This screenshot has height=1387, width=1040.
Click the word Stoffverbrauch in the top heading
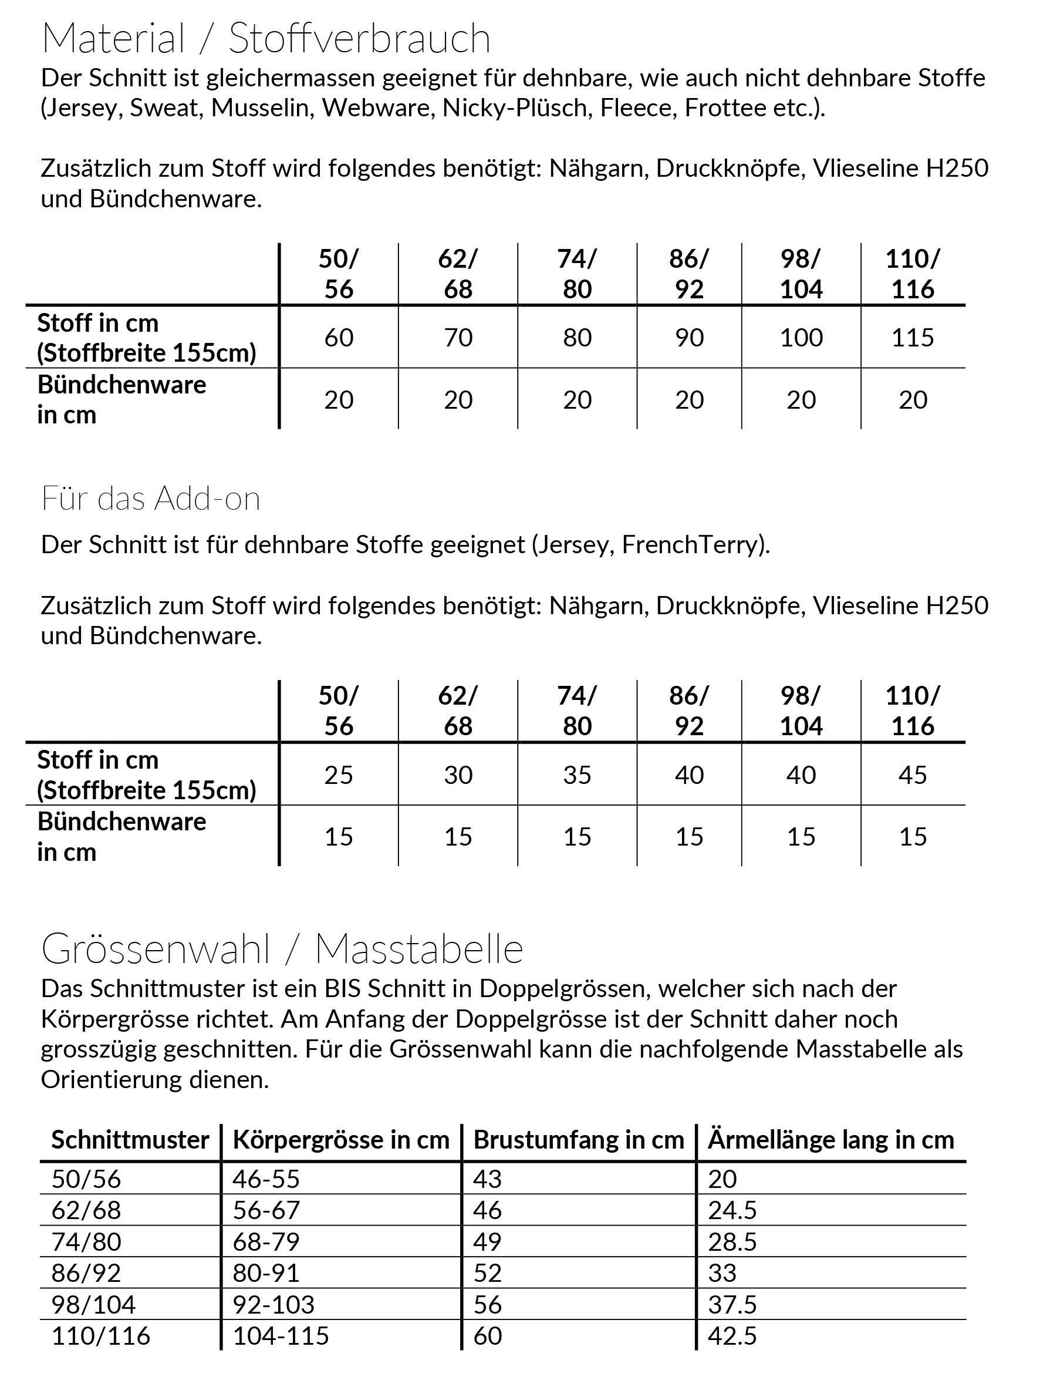tap(359, 38)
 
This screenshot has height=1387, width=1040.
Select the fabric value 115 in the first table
tap(912, 337)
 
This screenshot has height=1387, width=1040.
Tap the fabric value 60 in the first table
tap(339, 337)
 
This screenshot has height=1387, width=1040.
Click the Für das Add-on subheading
tap(150, 499)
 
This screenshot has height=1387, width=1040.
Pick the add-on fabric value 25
tap(339, 775)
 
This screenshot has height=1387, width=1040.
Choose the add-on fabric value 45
tap(912, 775)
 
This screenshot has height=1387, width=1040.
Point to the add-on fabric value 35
tap(577, 775)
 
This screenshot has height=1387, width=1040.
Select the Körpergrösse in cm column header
tap(341, 1139)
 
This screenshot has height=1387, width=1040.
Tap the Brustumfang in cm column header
tap(579, 1139)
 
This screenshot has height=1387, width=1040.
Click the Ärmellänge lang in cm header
tap(830, 1139)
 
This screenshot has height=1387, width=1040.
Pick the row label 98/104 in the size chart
tap(93, 1305)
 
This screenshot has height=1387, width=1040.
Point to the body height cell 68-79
tap(266, 1241)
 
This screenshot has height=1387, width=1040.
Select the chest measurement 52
tap(487, 1273)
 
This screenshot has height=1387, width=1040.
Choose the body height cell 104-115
tap(280, 1336)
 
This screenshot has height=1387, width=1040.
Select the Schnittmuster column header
tap(130, 1139)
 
